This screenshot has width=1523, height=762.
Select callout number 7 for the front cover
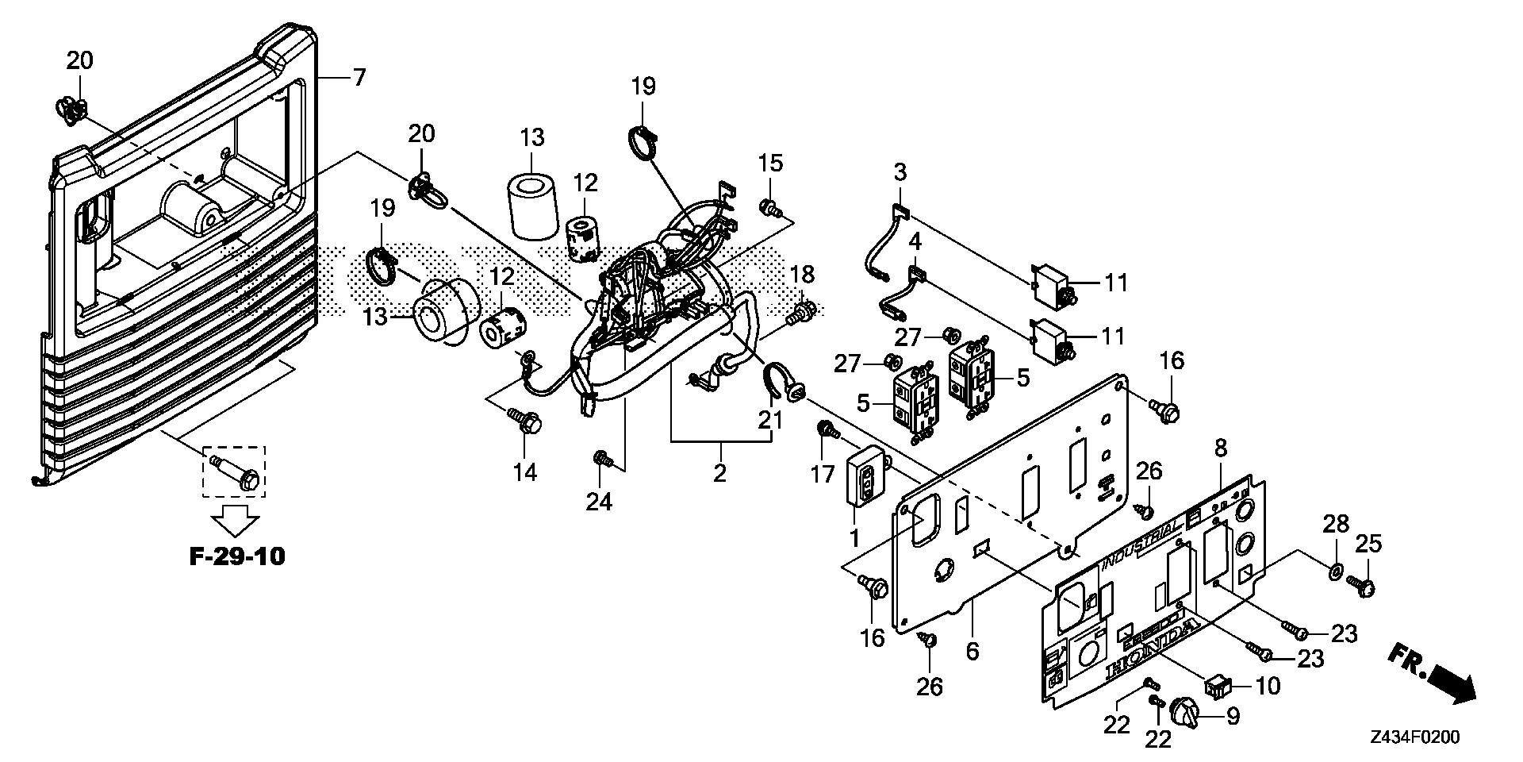[359, 77]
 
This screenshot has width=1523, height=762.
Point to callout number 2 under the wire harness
[719, 474]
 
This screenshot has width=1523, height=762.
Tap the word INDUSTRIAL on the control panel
[1140, 545]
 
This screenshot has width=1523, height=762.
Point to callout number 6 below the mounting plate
[972, 651]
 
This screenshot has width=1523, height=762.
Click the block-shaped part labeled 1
[864, 478]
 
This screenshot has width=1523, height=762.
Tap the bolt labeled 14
[525, 421]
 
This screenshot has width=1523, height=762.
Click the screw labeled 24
[603, 458]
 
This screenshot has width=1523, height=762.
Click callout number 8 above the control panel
[1220, 448]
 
